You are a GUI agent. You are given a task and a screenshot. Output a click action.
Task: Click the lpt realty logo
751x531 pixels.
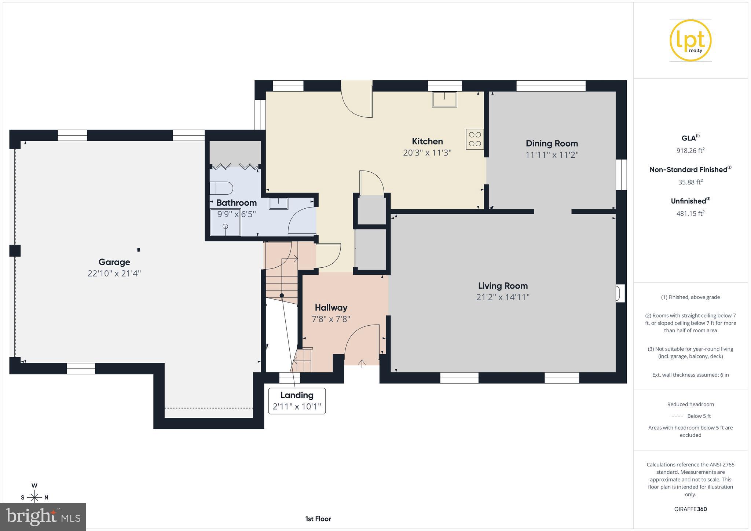pos(690,40)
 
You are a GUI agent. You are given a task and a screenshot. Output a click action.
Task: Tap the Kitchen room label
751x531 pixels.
pos(427,141)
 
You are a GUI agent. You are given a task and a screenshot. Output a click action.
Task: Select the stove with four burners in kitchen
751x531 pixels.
pos(475,139)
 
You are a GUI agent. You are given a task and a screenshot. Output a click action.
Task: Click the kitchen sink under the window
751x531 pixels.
pos(444,99)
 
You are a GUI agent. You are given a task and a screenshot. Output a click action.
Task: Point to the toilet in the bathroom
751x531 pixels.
pos(221,188)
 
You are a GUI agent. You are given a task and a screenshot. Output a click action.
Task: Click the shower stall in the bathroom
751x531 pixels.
pos(225,222)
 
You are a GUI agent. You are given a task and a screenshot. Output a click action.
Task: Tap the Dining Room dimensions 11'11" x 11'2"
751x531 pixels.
pos(552,155)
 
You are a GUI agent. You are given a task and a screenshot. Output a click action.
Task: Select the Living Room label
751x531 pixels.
pos(502,286)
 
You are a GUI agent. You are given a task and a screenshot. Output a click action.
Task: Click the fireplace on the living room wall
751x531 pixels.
pos(619,293)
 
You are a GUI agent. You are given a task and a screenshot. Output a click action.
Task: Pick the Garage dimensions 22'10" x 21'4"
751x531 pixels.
pos(114,273)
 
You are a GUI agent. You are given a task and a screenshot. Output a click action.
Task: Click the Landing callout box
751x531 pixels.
pos(297,401)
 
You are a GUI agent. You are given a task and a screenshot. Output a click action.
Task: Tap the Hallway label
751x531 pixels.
pos(331,308)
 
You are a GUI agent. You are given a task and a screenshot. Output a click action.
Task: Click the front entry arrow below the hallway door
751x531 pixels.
pos(362,363)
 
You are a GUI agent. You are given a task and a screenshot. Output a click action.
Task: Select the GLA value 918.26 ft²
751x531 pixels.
pos(690,150)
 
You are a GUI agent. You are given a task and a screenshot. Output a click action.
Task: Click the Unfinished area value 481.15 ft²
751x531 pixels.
pos(690,213)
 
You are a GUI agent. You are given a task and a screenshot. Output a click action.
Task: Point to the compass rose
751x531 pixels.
pos(34,497)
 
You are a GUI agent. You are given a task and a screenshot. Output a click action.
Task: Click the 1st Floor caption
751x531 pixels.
pos(318,519)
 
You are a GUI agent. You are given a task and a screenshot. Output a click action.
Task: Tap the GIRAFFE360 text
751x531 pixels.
pos(690,509)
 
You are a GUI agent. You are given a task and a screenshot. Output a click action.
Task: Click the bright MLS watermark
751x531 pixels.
pos(43,517)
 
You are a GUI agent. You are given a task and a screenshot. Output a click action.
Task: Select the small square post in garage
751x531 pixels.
pos(139,250)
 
